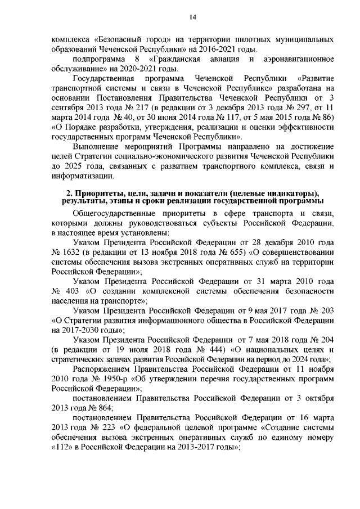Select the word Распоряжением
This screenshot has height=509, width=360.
pos(102,370)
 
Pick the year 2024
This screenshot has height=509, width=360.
pos(309,360)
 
